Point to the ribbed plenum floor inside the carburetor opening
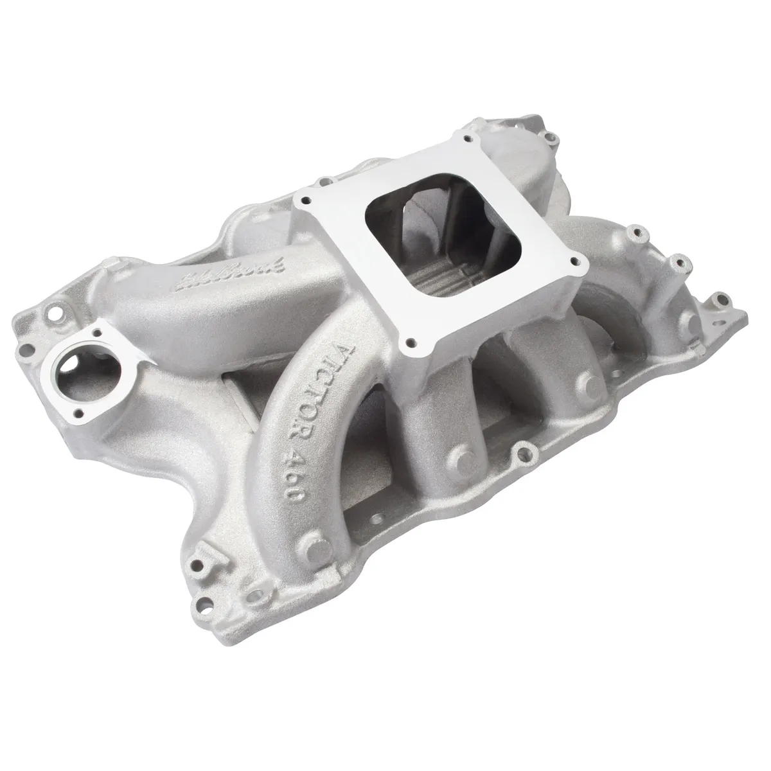pyautogui.click(x=443, y=283)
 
